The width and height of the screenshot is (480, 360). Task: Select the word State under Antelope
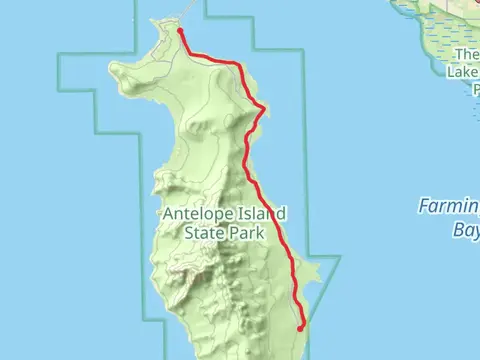205,233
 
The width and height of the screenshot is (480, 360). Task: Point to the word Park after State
246,233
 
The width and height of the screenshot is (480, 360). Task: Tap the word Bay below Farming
463,228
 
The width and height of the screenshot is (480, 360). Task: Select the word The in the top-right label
466,55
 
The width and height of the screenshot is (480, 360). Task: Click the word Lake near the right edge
463,71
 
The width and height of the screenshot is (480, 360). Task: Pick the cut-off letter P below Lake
470,87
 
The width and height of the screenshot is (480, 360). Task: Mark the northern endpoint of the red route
179,31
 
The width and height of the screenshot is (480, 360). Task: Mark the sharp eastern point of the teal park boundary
340,256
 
